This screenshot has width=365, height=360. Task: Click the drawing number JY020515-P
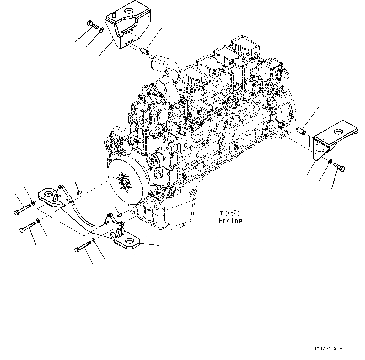click(328, 349)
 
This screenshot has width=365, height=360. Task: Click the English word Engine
click(230, 221)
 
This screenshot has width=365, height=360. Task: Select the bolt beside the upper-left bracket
click(91, 24)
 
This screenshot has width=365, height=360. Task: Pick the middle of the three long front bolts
click(28, 227)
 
